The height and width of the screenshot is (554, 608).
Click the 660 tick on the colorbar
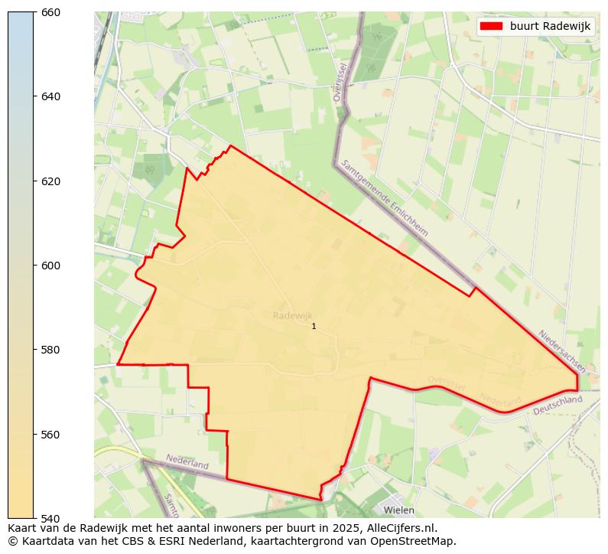point(50,12)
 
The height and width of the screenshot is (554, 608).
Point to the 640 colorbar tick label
point(50,96)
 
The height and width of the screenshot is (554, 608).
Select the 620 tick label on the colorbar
point(50,181)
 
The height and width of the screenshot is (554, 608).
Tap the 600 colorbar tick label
point(50,266)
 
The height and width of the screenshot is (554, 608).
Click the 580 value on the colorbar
point(50,350)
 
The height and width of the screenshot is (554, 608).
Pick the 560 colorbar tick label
point(50,435)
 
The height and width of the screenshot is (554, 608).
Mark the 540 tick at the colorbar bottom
point(50,519)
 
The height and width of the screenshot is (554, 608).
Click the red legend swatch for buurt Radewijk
point(491,26)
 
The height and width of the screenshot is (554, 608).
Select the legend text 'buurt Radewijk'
point(550,26)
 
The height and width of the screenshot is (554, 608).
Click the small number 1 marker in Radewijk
point(314,327)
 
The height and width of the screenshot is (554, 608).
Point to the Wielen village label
point(398,510)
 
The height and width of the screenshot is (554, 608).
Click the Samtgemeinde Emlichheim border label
point(385,197)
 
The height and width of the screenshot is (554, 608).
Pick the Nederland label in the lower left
point(187,462)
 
